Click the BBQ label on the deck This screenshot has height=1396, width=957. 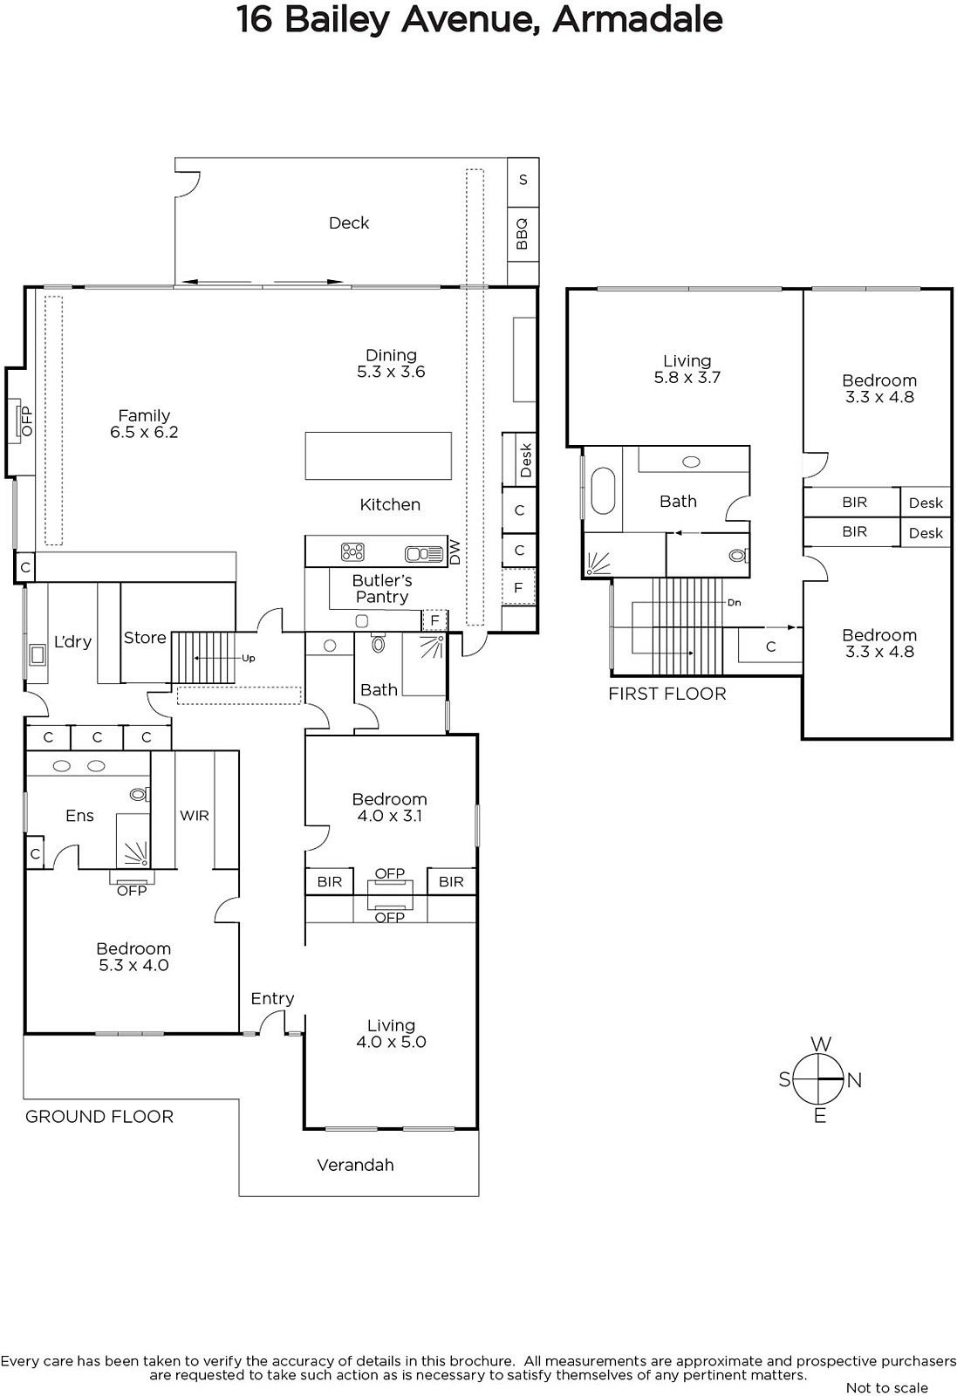point(522,234)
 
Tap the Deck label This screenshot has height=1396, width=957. point(349,223)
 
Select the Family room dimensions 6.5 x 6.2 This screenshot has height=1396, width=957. point(144,433)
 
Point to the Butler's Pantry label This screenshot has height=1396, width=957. point(382,589)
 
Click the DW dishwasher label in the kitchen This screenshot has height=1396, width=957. point(455,551)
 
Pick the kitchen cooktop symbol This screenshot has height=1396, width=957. point(352,552)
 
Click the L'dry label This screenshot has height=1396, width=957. point(73,642)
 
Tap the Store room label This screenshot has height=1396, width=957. point(145,638)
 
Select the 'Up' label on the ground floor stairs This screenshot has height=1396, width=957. point(249,658)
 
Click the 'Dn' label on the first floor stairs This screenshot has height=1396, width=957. point(735,603)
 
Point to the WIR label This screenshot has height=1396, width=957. point(195,815)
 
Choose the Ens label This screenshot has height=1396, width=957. point(79,816)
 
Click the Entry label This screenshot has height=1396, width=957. point(272,999)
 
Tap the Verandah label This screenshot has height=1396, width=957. point(355,1166)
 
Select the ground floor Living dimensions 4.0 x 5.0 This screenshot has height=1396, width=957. point(392,1042)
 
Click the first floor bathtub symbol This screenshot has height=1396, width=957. point(603,491)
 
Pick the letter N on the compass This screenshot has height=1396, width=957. point(854,1081)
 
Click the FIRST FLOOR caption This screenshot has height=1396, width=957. point(667,695)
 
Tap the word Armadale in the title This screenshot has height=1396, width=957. point(638,19)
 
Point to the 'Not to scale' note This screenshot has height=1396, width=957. point(887,1388)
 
